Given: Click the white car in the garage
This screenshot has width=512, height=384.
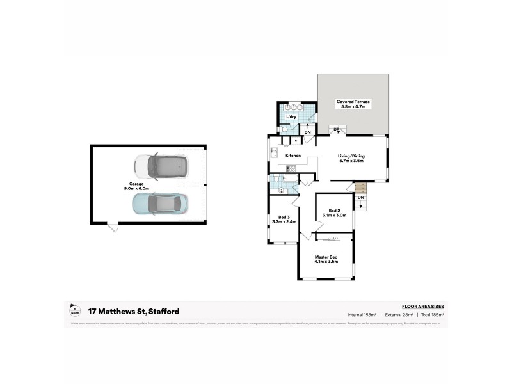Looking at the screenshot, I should pyautogui.click(x=163, y=166).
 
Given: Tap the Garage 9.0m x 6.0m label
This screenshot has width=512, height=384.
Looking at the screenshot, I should pyautogui.click(x=136, y=186).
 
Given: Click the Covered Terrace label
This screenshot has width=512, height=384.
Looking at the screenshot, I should pyautogui.click(x=353, y=104).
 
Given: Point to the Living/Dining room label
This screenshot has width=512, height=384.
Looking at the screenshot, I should pyautogui.click(x=351, y=158).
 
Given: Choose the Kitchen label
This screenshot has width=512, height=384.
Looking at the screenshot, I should pyautogui.click(x=293, y=156).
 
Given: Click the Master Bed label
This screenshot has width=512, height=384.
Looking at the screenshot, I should pyautogui.click(x=326, y=259).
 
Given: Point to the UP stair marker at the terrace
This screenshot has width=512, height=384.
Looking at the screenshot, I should pyautogui.click(x=336, y=129).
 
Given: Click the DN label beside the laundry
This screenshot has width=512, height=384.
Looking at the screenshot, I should pyautogui.click(x=307, y=132).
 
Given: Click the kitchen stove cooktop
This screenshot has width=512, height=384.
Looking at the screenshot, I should pyautogui.click(x=291, y=168).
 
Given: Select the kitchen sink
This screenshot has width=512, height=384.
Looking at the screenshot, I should pyautogui.click(x=273, y=154).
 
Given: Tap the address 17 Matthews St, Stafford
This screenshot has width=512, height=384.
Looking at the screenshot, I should pyautogui.click(x=134, y=312).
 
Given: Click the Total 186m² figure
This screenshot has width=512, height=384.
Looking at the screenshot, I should pyautogui.click(x=431, y=315).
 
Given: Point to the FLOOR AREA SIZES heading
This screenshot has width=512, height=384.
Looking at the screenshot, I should pyautogui.click(x=422, y=307).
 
